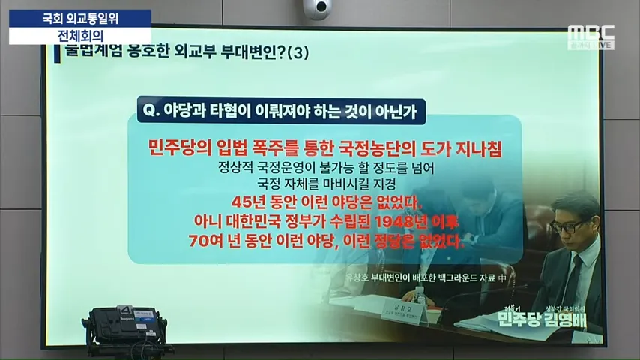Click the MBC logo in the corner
591,32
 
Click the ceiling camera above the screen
316,9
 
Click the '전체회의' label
80,35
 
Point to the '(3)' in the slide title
298,53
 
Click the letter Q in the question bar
148,110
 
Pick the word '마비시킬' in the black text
334,184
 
